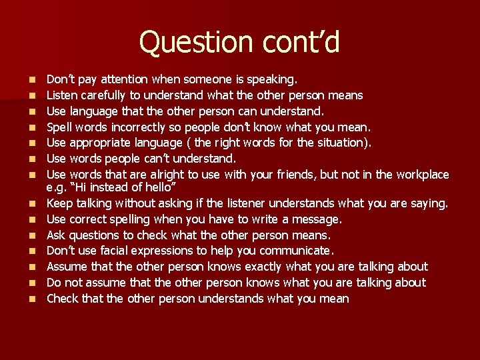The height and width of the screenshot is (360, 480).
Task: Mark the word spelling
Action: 132,219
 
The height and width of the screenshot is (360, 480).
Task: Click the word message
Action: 317,219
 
